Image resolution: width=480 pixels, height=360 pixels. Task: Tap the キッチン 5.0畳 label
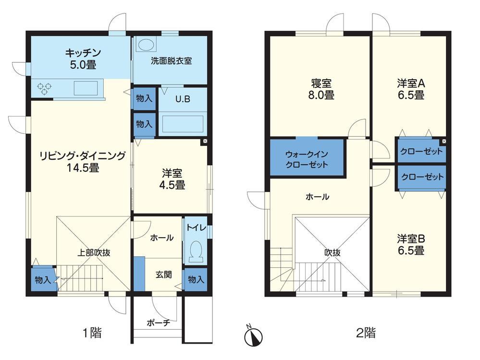pos(83,58)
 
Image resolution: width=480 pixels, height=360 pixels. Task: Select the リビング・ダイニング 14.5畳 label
pos(83,162)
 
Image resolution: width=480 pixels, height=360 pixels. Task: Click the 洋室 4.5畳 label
pos(172,179)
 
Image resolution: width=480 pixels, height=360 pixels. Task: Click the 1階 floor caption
pos(91,333)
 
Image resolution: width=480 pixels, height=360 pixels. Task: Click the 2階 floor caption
pos(366,332)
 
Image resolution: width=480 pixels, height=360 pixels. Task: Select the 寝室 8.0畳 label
pos(321,89)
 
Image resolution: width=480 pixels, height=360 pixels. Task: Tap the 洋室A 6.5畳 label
pos(411,89)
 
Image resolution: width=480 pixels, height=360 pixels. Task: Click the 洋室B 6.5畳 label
pos(411,244)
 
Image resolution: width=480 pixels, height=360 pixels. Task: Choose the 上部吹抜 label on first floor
pos(95,252)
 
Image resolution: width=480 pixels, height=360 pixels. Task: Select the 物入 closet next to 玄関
pos(195,279)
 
